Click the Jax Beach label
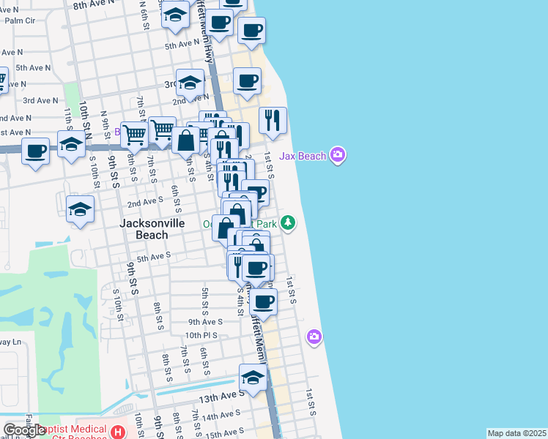pyautogui.click(x=302, y=156)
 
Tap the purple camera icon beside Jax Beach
pyautogui.click(x=338, y=154)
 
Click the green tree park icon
pyautogui.click(x=289, y=222)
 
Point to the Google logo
pyautogui.click(x=23, y=431)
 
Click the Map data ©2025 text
pyautogui.click(x=516, y=433)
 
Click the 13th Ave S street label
pyautogui.click(x=221, y=394)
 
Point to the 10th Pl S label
pyautogui.click(x=202, y=335)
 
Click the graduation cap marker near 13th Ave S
pyautogui.click(x=253, y=378)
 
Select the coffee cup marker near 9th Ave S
pyautogui.click(x=263, y=301)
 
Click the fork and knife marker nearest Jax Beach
pyautogui.click(x=273, y=121)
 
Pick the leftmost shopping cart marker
pyautogui.click(x=134, y=135)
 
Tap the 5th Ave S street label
pyautogui.click(x=153, y=257)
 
